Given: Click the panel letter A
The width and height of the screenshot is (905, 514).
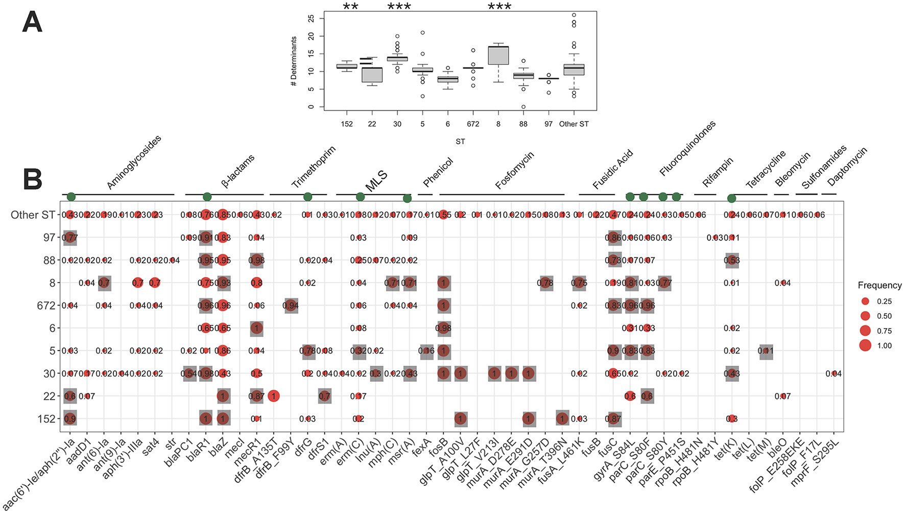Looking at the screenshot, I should pyautogui.click(x=32, y=23).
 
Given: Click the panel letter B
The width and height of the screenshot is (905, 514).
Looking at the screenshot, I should pyautogui.click(x=32, y=179).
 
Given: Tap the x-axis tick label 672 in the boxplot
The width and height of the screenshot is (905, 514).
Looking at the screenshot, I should pyautogui.click(x=473, y=124).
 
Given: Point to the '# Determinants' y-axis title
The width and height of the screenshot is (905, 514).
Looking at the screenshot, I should pyautogui.click(x=294, y=61).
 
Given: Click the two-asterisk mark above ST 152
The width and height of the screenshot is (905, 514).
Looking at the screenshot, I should pyautogui.click(x=350, y=7).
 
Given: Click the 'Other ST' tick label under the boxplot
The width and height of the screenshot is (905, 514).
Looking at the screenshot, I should pyautogui.click(x=574, y=124).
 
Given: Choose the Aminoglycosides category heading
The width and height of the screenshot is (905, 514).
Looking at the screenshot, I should pyautogui.click(x=134, y=162).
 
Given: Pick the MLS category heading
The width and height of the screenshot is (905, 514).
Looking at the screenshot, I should pyautogui.click(x=376, y=181).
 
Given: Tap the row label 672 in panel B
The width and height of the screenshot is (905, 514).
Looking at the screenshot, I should pyautogui.click(x=46, y=306).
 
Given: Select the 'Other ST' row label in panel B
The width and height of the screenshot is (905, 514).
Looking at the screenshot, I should pyautogui.click(x=33, y=215).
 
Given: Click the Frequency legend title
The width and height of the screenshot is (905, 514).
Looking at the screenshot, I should pyautogui.click(x=879, y=285).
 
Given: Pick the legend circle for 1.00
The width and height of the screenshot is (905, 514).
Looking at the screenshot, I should pyautogui.click(x=865, y=345).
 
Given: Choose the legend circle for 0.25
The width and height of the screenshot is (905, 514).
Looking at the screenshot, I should pyautogui.click(x=865, y=301).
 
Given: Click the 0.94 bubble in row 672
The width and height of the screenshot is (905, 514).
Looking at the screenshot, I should pyautogui.click(x=291, y=306).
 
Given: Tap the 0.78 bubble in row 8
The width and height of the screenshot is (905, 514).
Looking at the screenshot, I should pyautogui.click(x=545, y=283).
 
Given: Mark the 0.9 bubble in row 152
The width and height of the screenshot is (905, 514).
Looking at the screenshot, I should pyautogui.click(x=70, y=418).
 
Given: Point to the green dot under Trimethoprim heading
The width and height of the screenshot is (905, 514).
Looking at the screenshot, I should pyautogui.click(x=307, y=197).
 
